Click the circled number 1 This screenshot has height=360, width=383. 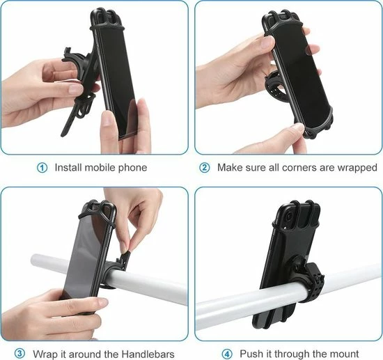click(x=42, y=168)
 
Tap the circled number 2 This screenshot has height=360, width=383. click(x=205, y=168)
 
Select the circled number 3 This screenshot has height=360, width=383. click(x=19, y=353)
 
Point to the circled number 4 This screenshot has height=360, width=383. click(x=227, y=354)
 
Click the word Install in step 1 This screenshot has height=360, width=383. click(x=68, y=168)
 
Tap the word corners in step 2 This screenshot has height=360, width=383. click(x=308, y=168)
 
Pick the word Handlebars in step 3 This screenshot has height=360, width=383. click(x=148, y=354)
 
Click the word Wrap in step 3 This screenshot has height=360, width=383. click(x=45, y=354)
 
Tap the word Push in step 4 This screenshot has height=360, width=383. click(x=250, y=354)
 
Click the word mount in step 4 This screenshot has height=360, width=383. click(x=345, y=354)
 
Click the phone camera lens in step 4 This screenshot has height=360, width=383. click(x=288, y=216)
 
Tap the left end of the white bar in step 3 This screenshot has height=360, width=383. click(x=33, y=262)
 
